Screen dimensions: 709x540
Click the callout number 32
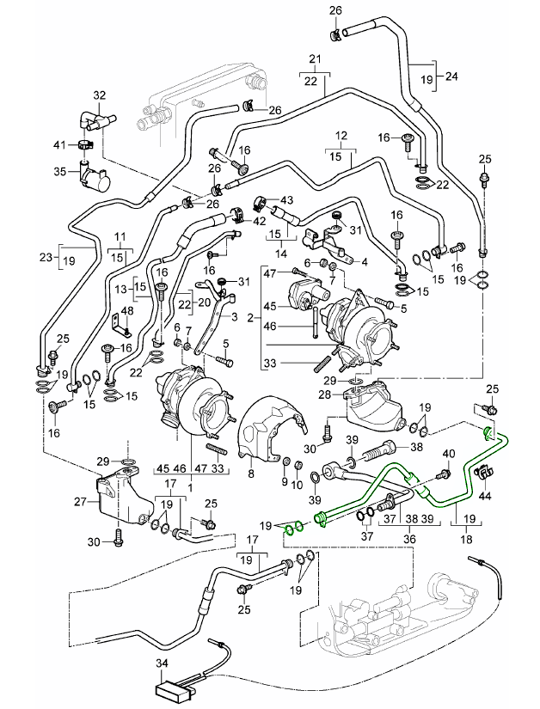pos(99,95)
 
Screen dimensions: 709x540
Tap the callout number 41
pos(59,143)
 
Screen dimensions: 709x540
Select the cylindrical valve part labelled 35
pos(97,177)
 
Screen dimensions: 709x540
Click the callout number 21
pos(314,59)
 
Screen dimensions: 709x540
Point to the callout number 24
pos(451,76)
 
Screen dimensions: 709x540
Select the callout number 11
pos(120,235)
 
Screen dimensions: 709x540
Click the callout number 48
pos(126,311)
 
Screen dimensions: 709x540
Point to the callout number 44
pos(484,496)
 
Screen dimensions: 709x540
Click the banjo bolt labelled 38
pos(379,449)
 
